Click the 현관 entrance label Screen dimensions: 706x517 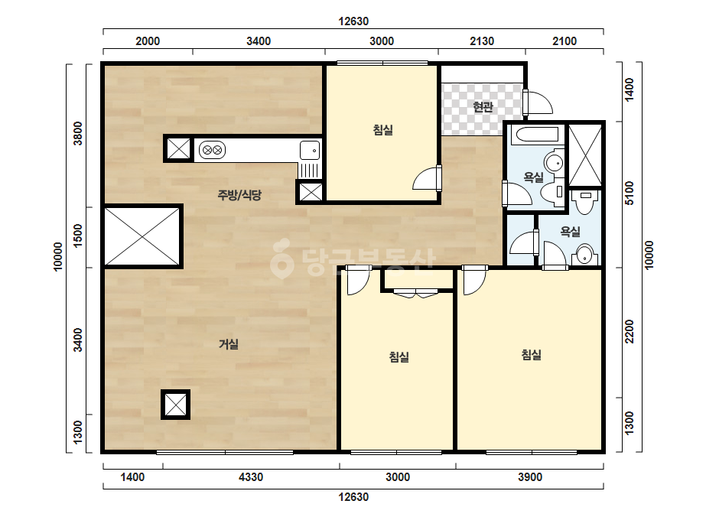point(483,107)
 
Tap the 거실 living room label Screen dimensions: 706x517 point(228,344)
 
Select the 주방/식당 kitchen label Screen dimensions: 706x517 point(239,195)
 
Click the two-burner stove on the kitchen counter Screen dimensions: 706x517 point(212,150)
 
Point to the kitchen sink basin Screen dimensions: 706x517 point(310,150)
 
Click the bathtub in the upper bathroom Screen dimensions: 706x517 point(537,134)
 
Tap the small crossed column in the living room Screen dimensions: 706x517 point(176,405)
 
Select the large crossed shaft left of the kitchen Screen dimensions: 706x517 point(142,236)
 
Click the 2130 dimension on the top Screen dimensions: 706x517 point(482,41)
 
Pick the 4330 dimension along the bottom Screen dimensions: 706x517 point(251,477)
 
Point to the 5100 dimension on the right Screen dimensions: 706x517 point(630,193)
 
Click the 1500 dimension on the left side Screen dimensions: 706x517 point(78,236)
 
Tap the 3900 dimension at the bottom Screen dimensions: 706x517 point(530,477)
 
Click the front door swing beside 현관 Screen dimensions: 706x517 point(538,102)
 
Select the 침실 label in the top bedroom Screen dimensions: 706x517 point(383,130)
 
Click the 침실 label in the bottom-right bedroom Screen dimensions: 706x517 point(532,355)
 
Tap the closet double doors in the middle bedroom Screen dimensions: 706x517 point(415,294)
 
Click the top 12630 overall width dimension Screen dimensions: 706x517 point(353,21)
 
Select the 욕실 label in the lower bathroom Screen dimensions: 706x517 point(570,232)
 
